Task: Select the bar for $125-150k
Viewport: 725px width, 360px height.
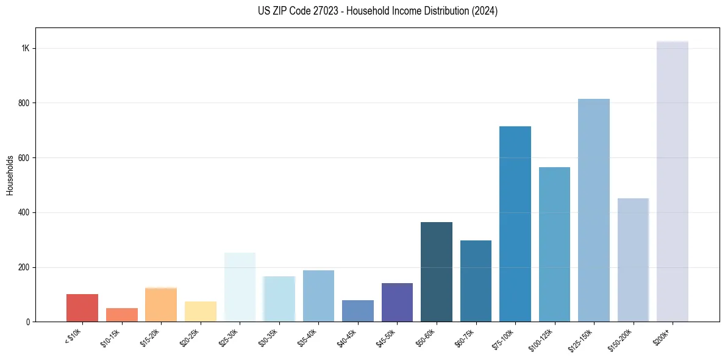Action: coord(593,210)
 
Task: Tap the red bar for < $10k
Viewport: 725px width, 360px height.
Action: coord(82,308)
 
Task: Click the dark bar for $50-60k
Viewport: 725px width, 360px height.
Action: coord(436,272)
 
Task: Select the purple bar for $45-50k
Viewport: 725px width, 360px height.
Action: coord(397,302)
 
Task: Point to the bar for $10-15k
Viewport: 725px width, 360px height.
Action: coord(121,315)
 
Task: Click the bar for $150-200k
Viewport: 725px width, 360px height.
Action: coord(633,260)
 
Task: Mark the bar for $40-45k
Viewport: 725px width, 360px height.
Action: coord(357,311)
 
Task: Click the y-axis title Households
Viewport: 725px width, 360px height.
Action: coord(10,175)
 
